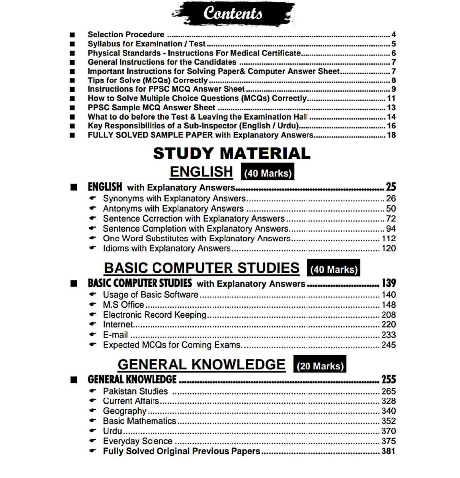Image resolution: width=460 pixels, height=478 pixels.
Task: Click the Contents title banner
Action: [x=233, y=14]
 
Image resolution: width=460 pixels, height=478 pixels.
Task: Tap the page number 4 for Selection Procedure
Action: [x=393, y=35]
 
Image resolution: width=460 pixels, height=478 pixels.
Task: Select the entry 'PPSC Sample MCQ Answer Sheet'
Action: [x=152, y=107]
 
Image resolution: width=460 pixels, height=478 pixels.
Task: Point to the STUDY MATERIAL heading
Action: [x=232, y=153]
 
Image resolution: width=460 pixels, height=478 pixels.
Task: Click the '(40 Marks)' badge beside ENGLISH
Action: [x=267, y=173]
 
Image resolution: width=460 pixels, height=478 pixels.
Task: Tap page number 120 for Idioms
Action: [x=388, y=248]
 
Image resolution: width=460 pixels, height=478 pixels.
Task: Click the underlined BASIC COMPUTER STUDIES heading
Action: [x=202, y=268]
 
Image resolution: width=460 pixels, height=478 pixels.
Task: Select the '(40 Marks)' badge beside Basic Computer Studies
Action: [x=333, y=269]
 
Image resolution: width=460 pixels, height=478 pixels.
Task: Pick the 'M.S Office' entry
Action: [x=123, y=305]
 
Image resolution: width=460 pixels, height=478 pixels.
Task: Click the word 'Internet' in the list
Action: [x=118, y=325]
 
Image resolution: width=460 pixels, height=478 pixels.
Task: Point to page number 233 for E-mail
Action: [x=388, y=335]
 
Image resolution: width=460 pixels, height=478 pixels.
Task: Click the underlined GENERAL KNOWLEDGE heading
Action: [x=202, y=365]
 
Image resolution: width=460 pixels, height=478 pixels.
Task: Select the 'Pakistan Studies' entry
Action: [x=136, y=391]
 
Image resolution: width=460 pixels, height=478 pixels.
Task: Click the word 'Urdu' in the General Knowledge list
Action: [x=113, y=431]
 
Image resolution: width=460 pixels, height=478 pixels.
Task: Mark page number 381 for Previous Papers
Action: [x=388, y=451]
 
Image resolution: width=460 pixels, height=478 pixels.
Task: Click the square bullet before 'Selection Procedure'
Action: [x=73, y=35]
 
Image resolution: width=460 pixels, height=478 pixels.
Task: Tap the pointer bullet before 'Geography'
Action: [x=93, y=411]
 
